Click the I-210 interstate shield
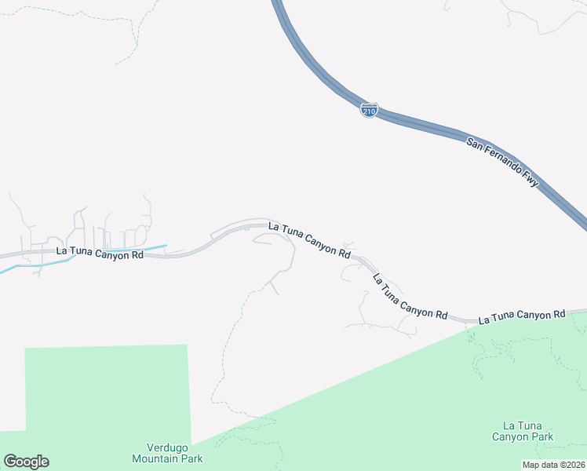tap(369, 110)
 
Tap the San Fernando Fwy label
tap(503, 162)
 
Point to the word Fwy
tap(532, 181)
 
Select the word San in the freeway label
tap(474, 143)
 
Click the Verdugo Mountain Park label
tap(167, 452)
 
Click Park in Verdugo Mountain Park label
tap(191, 458)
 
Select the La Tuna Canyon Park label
tap(523, 431)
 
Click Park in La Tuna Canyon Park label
tap(541, 437)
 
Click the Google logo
tap(26, 462)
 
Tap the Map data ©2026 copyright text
tap(554, 465)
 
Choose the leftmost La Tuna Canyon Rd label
tap(100, 253)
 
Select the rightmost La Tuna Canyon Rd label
tap(522, 316)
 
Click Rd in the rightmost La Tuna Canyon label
tap(559, 314)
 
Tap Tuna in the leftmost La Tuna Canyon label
tap(82, 253)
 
